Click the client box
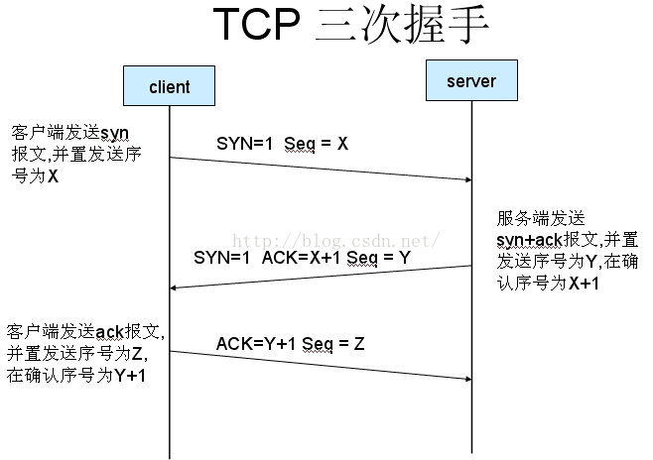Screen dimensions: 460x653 pyautogui.click(x=169, y=86)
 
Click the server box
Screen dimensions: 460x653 pyautogui.click(x=471, y=80)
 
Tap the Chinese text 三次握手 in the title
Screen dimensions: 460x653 pyautogui.click(x=402, y=28)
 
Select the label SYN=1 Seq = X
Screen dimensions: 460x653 pyautogui.click(x=282, y=144)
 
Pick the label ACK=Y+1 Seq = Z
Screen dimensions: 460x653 pyautogui.click(x=291, y=344)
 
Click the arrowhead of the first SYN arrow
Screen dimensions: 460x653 pyautogui.click(x=466, y=179)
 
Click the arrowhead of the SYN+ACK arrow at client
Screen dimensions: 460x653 pyautogui.click(x=176, y=287)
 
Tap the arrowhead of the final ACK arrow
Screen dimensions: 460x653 pyautogui.click(x=466, y=379)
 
